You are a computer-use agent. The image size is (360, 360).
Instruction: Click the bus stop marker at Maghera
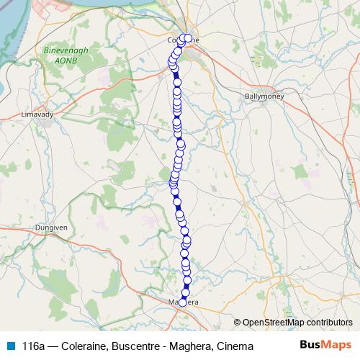pyautogui.click(x=182, y=302)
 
